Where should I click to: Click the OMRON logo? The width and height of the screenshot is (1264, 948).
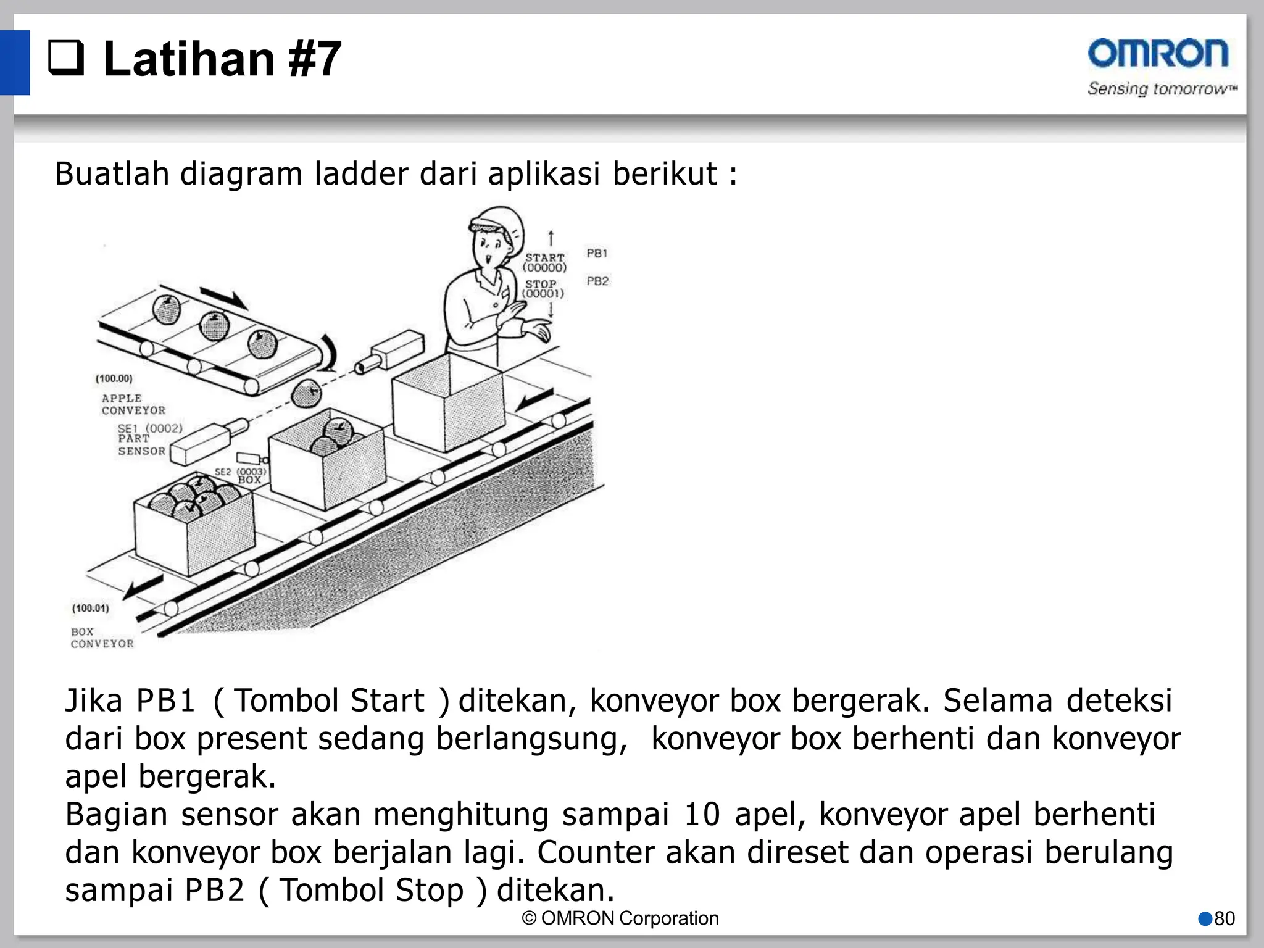[1158, 54]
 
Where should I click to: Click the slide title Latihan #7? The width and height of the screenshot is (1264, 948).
[222, 59]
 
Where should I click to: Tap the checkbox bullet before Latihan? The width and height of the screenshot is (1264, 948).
[66, 59]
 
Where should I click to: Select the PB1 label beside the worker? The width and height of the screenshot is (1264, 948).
[597, 253]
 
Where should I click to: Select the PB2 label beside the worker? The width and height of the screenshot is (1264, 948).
[597, 281]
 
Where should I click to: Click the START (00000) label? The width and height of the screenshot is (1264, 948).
[544, 262]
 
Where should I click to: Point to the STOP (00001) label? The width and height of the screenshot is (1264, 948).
[543, 289]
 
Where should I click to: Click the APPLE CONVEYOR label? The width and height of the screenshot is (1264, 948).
[133, 404]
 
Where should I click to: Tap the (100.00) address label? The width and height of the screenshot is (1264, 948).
[114, 378]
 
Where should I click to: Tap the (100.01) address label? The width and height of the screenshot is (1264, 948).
[90, 608]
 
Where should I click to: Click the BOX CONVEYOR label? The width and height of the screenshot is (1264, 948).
[102, 638]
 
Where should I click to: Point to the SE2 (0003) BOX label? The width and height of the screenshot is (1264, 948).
[241, 475]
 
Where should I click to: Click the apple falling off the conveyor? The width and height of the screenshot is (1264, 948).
[306, 393]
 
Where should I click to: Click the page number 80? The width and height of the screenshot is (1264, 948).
[1224, 919]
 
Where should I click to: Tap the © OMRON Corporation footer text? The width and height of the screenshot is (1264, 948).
[620, 918]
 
